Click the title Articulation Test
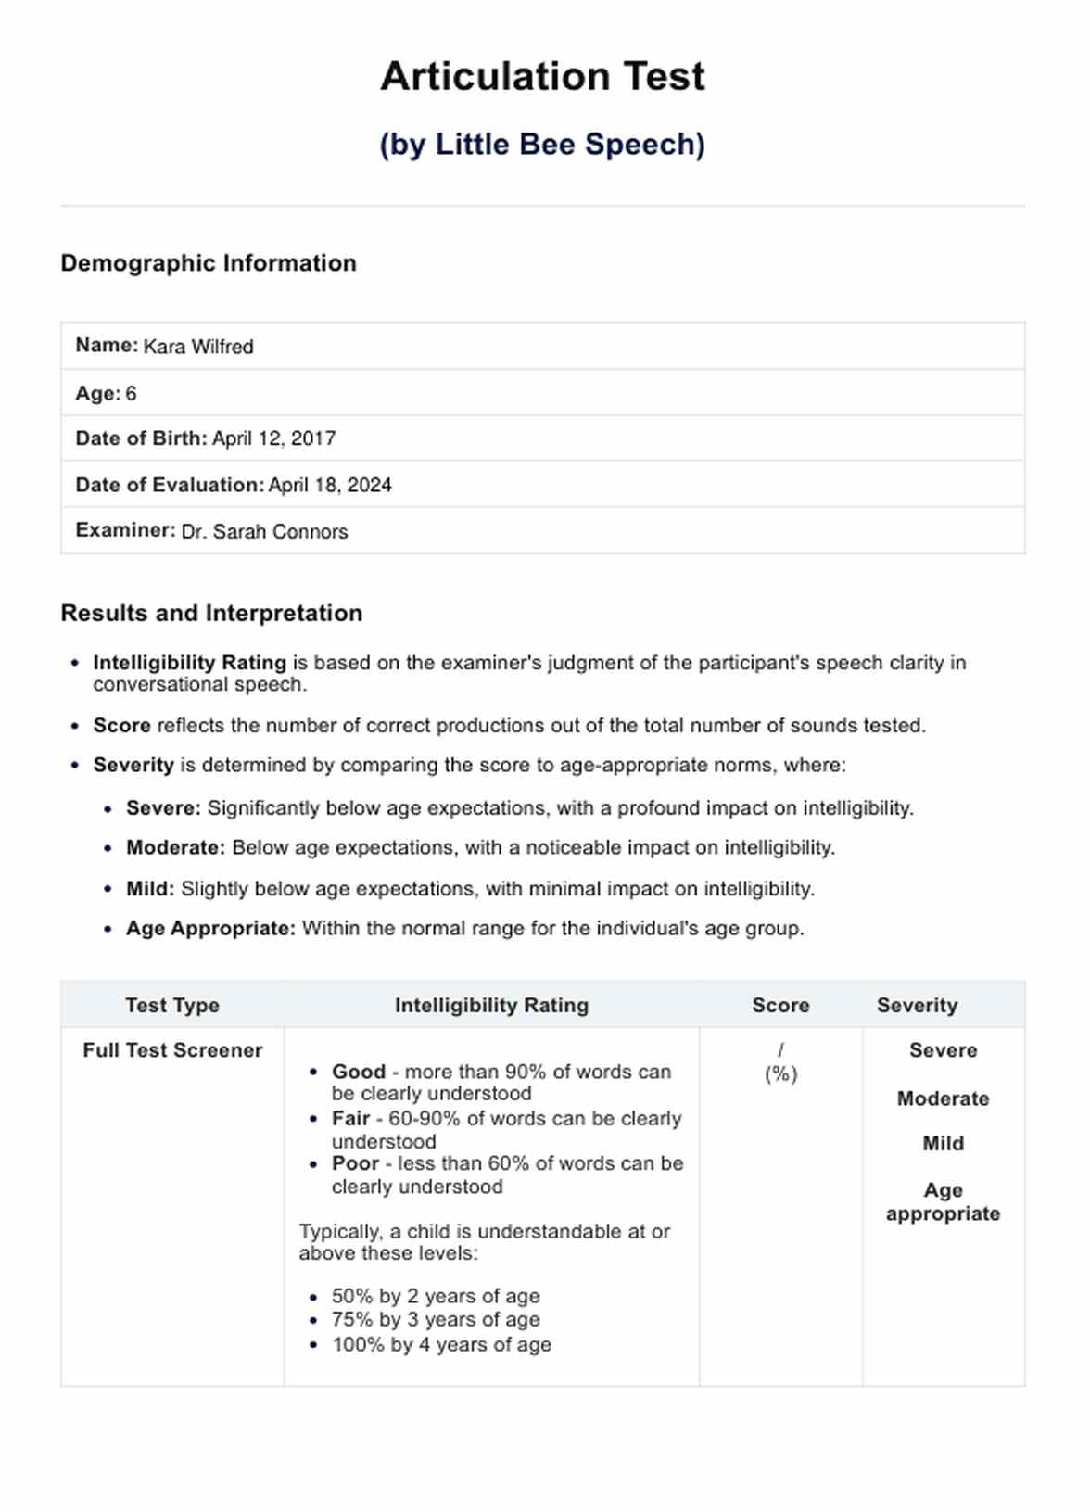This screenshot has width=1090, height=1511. (542, 76)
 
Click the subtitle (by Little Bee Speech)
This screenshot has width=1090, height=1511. (542, 145)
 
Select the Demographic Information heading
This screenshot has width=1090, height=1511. (209, 263)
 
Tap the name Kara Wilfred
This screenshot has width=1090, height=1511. (198, 347)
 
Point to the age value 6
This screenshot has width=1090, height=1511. (131, 394)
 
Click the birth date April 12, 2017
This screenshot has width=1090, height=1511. (273, 438)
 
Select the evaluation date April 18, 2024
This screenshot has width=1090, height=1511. (330, 486)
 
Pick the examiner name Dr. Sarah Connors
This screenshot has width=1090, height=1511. (264, 532)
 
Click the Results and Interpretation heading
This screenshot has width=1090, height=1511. (211, 614)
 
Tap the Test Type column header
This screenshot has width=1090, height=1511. (172, 1006)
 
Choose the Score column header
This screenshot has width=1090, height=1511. (780, 1006)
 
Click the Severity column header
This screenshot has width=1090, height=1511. (917, 1006)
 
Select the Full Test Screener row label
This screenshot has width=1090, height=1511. (172, 1050)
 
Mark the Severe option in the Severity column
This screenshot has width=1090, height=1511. (943, 1050)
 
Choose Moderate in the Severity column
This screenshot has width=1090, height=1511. (943, 1098)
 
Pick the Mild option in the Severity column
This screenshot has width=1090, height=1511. (943, 1144)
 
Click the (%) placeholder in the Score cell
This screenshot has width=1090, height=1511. (780, 1074)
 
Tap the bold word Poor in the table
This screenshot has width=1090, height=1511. (355, 1163)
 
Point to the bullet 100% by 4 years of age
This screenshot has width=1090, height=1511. (441, 1345)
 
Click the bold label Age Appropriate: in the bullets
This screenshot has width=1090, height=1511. (210, 929)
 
